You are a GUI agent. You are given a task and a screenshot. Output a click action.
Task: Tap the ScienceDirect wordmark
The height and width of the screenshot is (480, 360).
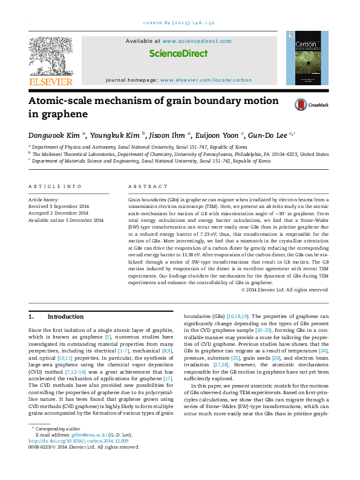coord(178,53)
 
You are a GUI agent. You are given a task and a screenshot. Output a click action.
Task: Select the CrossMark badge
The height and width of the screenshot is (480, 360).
coord(311,105)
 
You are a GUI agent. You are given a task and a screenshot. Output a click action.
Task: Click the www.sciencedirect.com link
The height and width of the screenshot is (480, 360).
coord(197,41)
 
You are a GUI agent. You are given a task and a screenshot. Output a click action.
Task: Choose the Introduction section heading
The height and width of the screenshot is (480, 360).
coord(65,316)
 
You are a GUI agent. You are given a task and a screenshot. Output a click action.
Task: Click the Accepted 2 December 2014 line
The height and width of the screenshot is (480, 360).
coord(58,213)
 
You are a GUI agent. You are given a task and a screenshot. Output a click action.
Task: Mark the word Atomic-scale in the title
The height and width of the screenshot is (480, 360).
coord(62,101)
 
